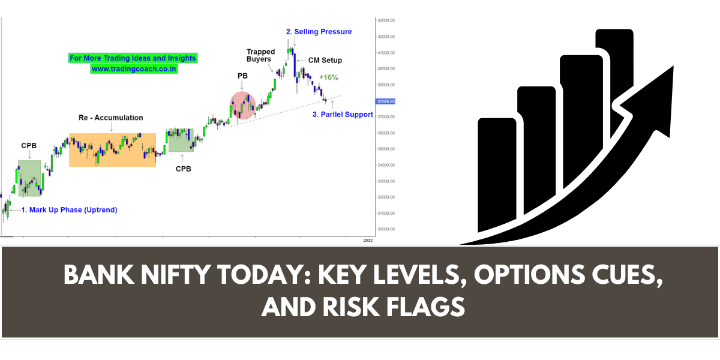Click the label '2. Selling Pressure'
(x=319, y=31)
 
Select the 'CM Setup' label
(x=325, y=61)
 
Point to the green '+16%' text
(x=329, y=77)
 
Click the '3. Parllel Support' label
(x=343, y=114)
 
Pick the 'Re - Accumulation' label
(x=111, y=118)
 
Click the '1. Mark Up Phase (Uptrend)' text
(x=69, y=210)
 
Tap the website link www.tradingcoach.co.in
(x=134, y=69)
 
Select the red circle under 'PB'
(x=243, y=106)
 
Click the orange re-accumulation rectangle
(x=112, y=149)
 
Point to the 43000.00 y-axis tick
(x=385, y=20)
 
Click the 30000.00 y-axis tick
(x=385, y=229)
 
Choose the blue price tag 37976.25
(x=385, y=101)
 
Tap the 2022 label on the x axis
(x=368, y=240)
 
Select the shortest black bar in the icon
(x=497, y=174)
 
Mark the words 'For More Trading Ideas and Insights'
(x=133, y=58)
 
